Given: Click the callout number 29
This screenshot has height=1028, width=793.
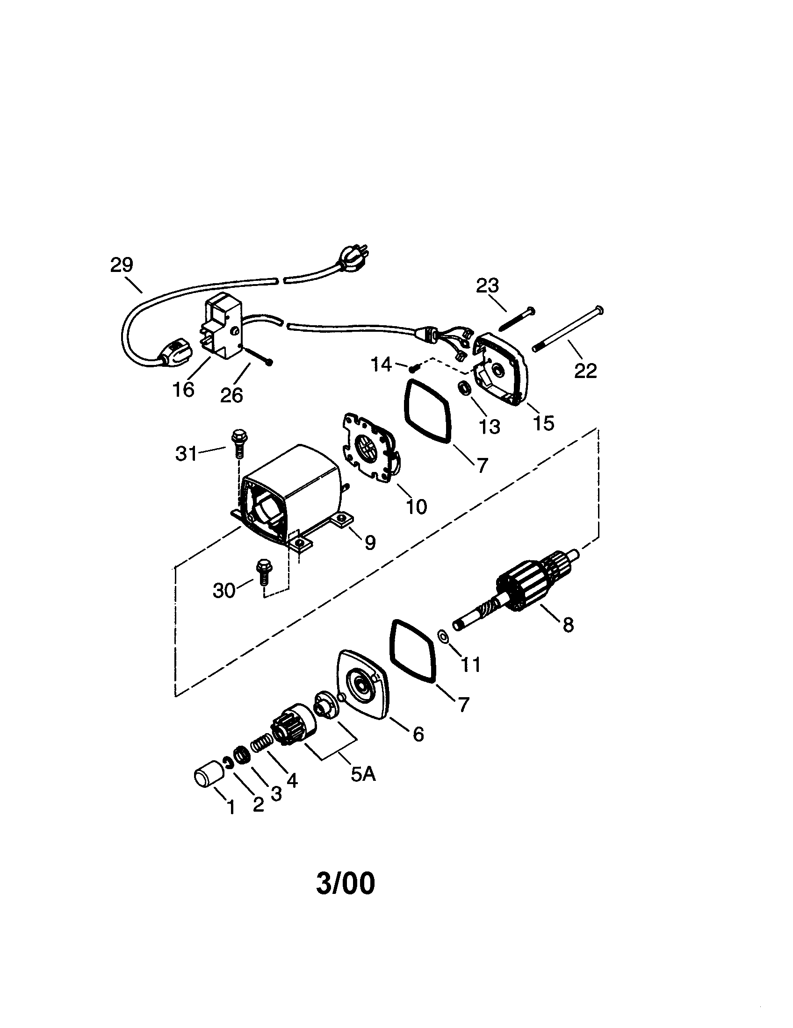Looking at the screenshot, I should [x=122, y=265].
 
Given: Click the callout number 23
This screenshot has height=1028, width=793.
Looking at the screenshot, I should [x=487, y=286].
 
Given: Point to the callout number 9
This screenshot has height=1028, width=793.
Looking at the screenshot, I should [x=370, y=543].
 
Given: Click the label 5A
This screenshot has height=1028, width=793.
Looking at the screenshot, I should [x=363, y=774].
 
